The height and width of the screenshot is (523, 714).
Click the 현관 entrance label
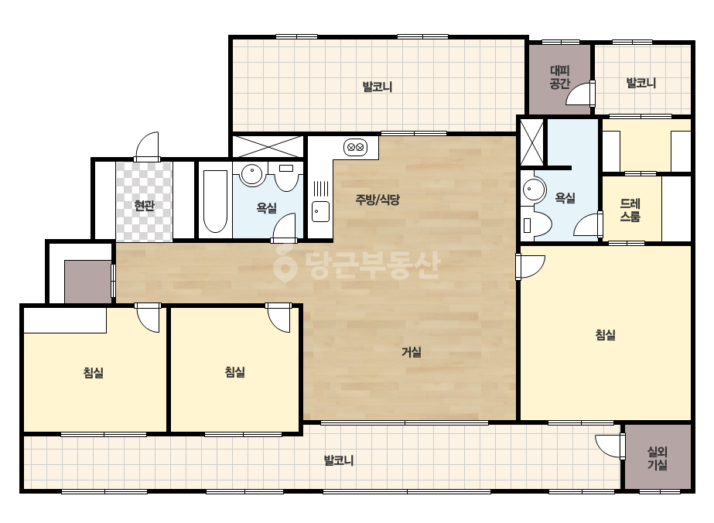[x=145, y=206]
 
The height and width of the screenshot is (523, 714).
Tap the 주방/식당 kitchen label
[x=377, y=200]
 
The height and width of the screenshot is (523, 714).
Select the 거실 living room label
[x=412, y=352]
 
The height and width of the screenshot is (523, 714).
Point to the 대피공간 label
[x=559, y=77]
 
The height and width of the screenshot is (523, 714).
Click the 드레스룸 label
[x=630, y=210]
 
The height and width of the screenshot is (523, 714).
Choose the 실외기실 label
[x=658, y=458]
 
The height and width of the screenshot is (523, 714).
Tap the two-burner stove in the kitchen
[x=355, y=147]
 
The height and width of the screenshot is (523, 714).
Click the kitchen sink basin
[x=320, y=211]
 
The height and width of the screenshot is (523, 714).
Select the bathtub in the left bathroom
[x=215, y=201]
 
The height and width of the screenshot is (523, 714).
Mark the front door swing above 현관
[x=148, y=145]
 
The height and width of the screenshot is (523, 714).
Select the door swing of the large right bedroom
[x=531, y=266]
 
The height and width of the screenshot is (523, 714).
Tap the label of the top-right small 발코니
[x=641, y=84]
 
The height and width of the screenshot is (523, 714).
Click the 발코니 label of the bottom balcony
[x=339, y=460]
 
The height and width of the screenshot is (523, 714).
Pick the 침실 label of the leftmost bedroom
[x=94, y=373]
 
